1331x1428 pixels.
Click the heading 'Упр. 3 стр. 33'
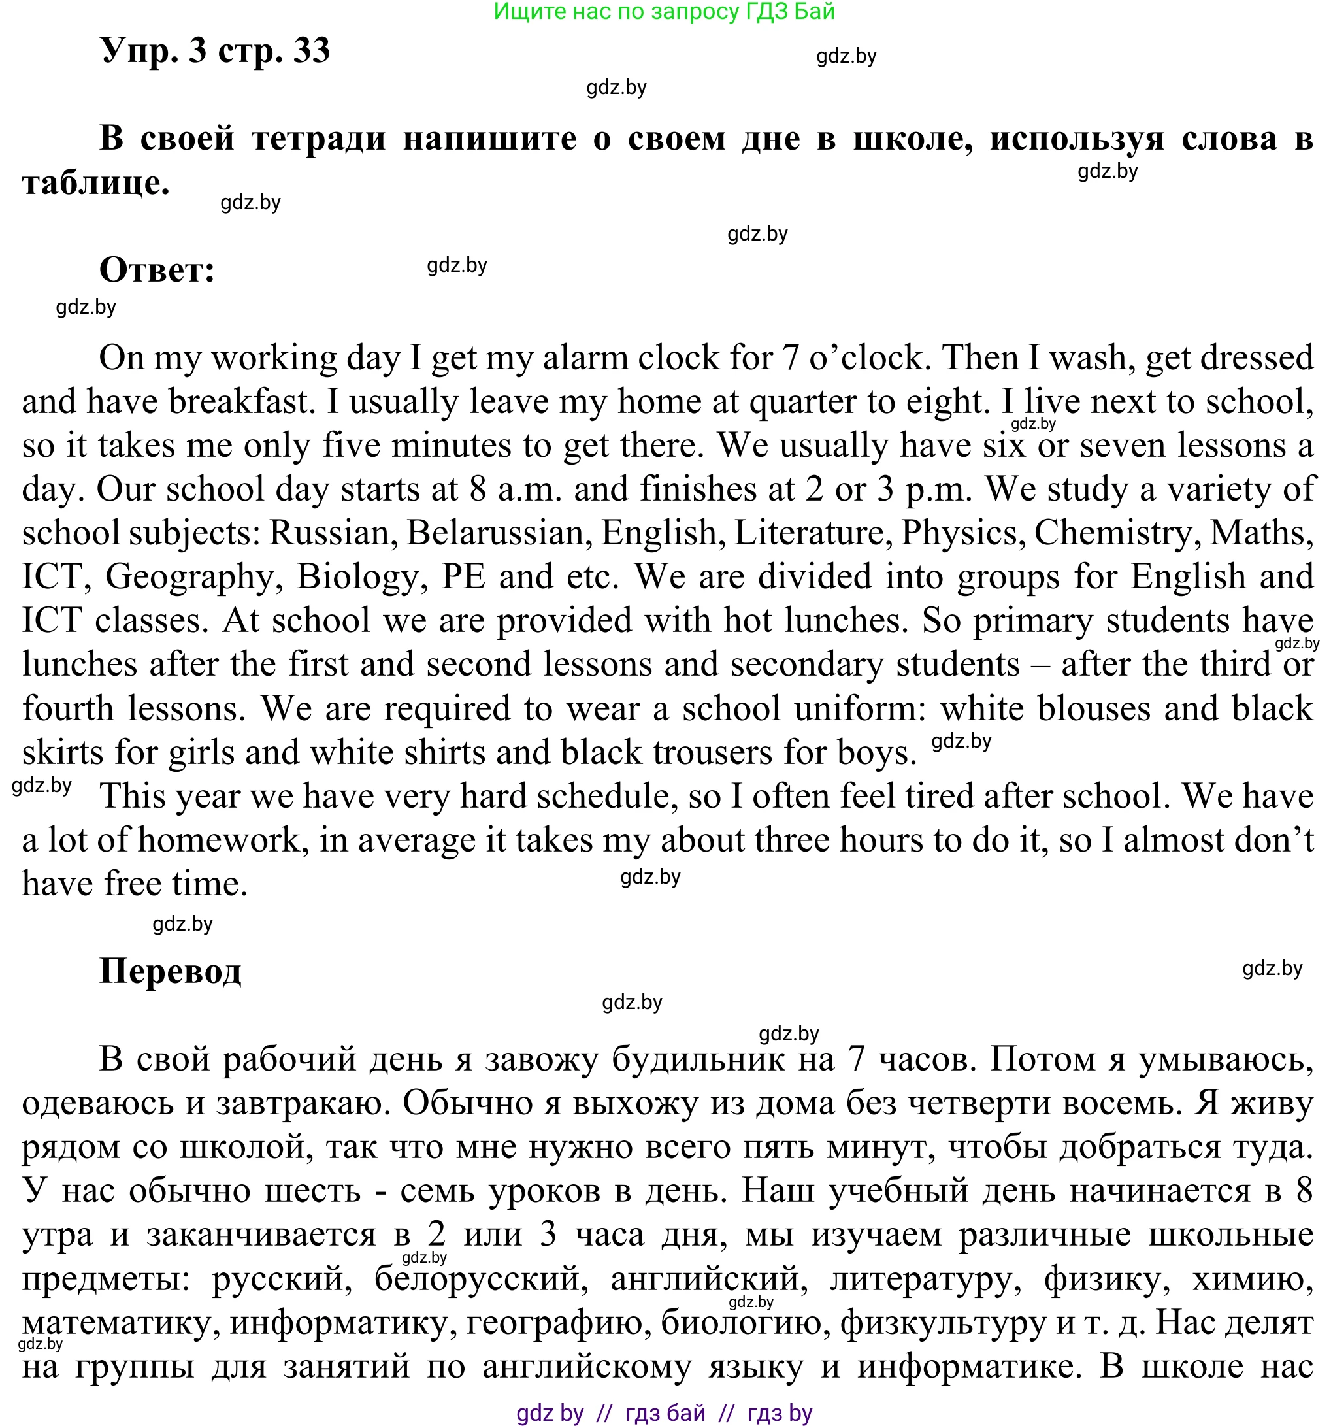coord(215,50)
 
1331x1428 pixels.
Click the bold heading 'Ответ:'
coord(157,270)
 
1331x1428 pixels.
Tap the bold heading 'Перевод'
coord(171,971)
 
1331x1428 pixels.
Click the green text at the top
coord(665,12)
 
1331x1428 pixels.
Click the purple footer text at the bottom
coord(665,1413)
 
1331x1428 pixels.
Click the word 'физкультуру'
coord(942,1322)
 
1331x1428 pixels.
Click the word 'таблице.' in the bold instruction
coord(96,182)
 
